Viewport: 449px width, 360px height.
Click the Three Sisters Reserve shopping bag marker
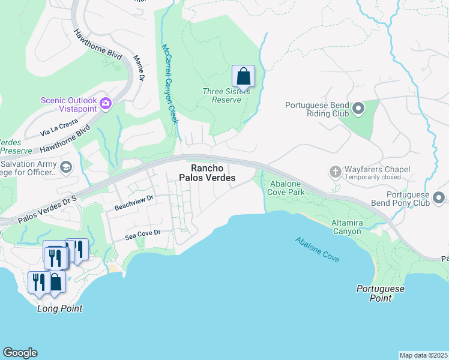[243, 77]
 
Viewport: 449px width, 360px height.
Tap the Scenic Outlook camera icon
[106, 103]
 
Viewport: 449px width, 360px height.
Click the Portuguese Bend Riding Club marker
[358, 109]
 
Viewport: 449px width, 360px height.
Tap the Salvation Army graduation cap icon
[65, 167]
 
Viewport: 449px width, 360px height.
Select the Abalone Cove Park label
[287, 188]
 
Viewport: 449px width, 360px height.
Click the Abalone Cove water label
[317, 250]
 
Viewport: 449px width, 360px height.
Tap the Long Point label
[59, 308]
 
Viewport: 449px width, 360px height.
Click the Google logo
[20, 353]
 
